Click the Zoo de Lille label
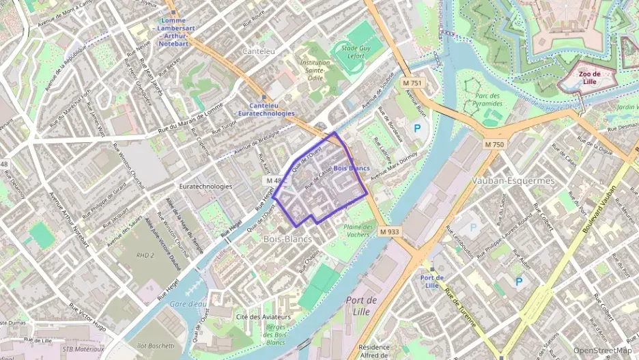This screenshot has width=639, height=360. (588, 77)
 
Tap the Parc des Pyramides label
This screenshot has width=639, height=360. (489, 99)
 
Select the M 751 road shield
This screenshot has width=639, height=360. (412, 83)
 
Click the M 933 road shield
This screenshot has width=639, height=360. (389, 232)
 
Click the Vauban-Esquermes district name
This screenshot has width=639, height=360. (504, 181)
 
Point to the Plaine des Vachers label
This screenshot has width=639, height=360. (358, 230)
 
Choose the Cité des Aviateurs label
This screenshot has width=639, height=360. (264, 317)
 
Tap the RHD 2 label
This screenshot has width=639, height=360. (145, 255)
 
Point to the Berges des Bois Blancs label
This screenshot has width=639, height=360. (274, 334)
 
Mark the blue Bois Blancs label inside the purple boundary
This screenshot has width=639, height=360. (351, 168)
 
